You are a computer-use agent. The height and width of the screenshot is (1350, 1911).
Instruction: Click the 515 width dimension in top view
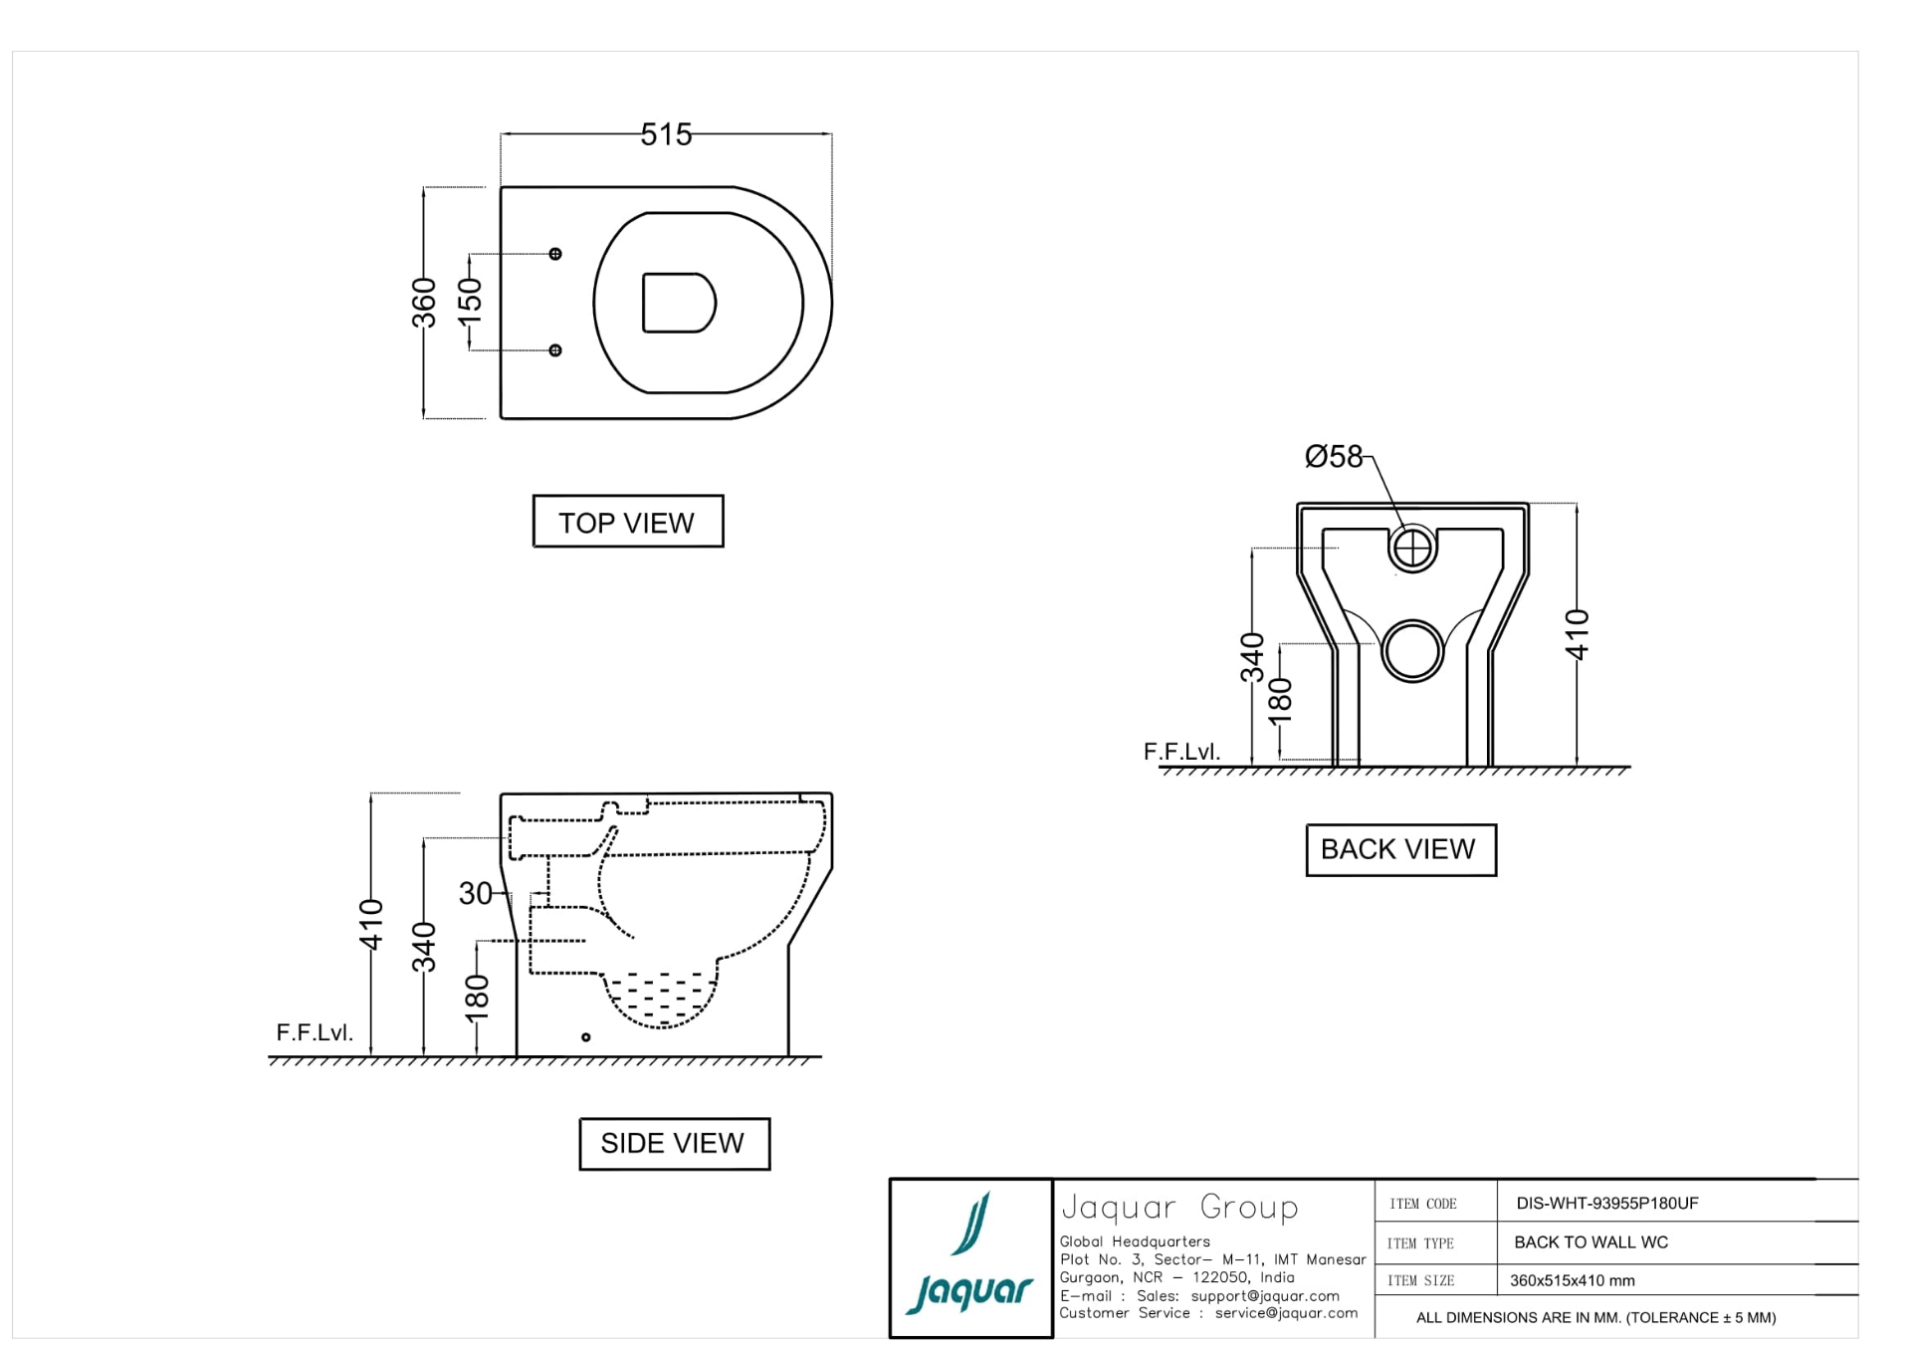pyautogui.click(x=666, y=134)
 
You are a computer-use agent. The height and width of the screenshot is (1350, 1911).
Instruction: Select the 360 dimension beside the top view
pyautogui.click(x=425, y=303)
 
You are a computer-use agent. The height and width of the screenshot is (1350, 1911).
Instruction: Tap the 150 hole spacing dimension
pyautogui.click(x=470, y=302)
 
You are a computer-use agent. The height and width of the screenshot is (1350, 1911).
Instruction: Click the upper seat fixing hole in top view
pyautogui.click(x=555, y=254)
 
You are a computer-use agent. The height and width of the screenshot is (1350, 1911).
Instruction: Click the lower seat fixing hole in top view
pyautogui.click(x=555, y=350)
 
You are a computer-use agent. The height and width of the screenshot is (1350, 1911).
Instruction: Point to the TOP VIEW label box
pyautogui.click(x=627, y=522)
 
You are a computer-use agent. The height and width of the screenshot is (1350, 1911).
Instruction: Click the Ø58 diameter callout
pyautogui.click(x=1333, y=457)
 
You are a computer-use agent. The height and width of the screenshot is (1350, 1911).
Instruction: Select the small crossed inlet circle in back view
pyautogui.click(x=1411, y=548)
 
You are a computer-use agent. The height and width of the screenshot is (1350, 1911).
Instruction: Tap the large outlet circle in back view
pyautogui.click(x=1411, y=651)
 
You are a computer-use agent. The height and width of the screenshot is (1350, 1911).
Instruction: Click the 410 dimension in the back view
pyautogui.click(x=1577, y=634)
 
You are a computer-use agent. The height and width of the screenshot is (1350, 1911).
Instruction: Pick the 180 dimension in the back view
pyautogui.click(x=1281, y=700)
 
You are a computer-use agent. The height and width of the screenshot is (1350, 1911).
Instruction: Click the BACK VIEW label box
pyautogui.click(x=1399, y=849)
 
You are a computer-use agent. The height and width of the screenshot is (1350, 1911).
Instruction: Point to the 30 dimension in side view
pyautogui.click(x=475, y=893)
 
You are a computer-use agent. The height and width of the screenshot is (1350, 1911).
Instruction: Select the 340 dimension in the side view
pyautogui.click(x=425, y=947)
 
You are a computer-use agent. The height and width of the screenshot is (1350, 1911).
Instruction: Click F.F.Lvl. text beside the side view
pyautogui.click(x=315, y=1032)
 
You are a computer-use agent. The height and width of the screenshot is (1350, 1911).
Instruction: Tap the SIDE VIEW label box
pyautogui.click(x=674, y=1143)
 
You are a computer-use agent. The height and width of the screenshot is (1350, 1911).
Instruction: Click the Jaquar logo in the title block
pyautogui.click(x=970, y=1257)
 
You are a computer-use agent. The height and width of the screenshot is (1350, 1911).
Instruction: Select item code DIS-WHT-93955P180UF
pyautogui.click(x=1606, y=1203)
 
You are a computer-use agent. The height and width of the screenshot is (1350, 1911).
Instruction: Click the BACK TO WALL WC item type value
pyautogui.click(x=1591, y=1241)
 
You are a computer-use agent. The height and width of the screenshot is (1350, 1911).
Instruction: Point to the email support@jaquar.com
pyautogui.click(x=1264, y=1295)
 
